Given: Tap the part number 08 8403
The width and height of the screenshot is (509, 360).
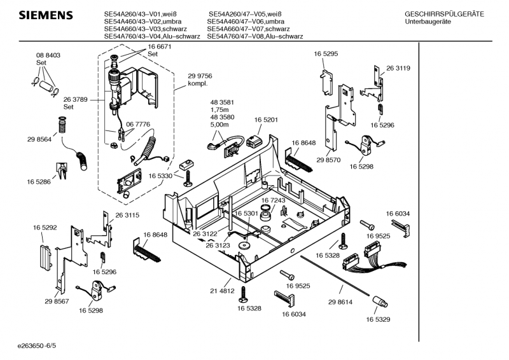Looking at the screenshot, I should coord(48,56).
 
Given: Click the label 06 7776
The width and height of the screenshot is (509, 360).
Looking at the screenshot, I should coord(138,124).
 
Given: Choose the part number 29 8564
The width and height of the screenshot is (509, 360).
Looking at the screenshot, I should coord(39,139).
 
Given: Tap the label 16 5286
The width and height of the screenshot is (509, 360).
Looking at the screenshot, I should coord(39,183).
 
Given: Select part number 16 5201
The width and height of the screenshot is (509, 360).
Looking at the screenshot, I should coord(266,120).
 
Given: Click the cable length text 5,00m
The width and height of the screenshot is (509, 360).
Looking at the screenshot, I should coord(219,125).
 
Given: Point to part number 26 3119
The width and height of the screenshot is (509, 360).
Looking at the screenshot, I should coord(398,69).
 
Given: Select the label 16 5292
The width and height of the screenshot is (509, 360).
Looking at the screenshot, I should coord(45,226).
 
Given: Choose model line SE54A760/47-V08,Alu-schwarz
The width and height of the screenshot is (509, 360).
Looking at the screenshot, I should coord(254,36).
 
